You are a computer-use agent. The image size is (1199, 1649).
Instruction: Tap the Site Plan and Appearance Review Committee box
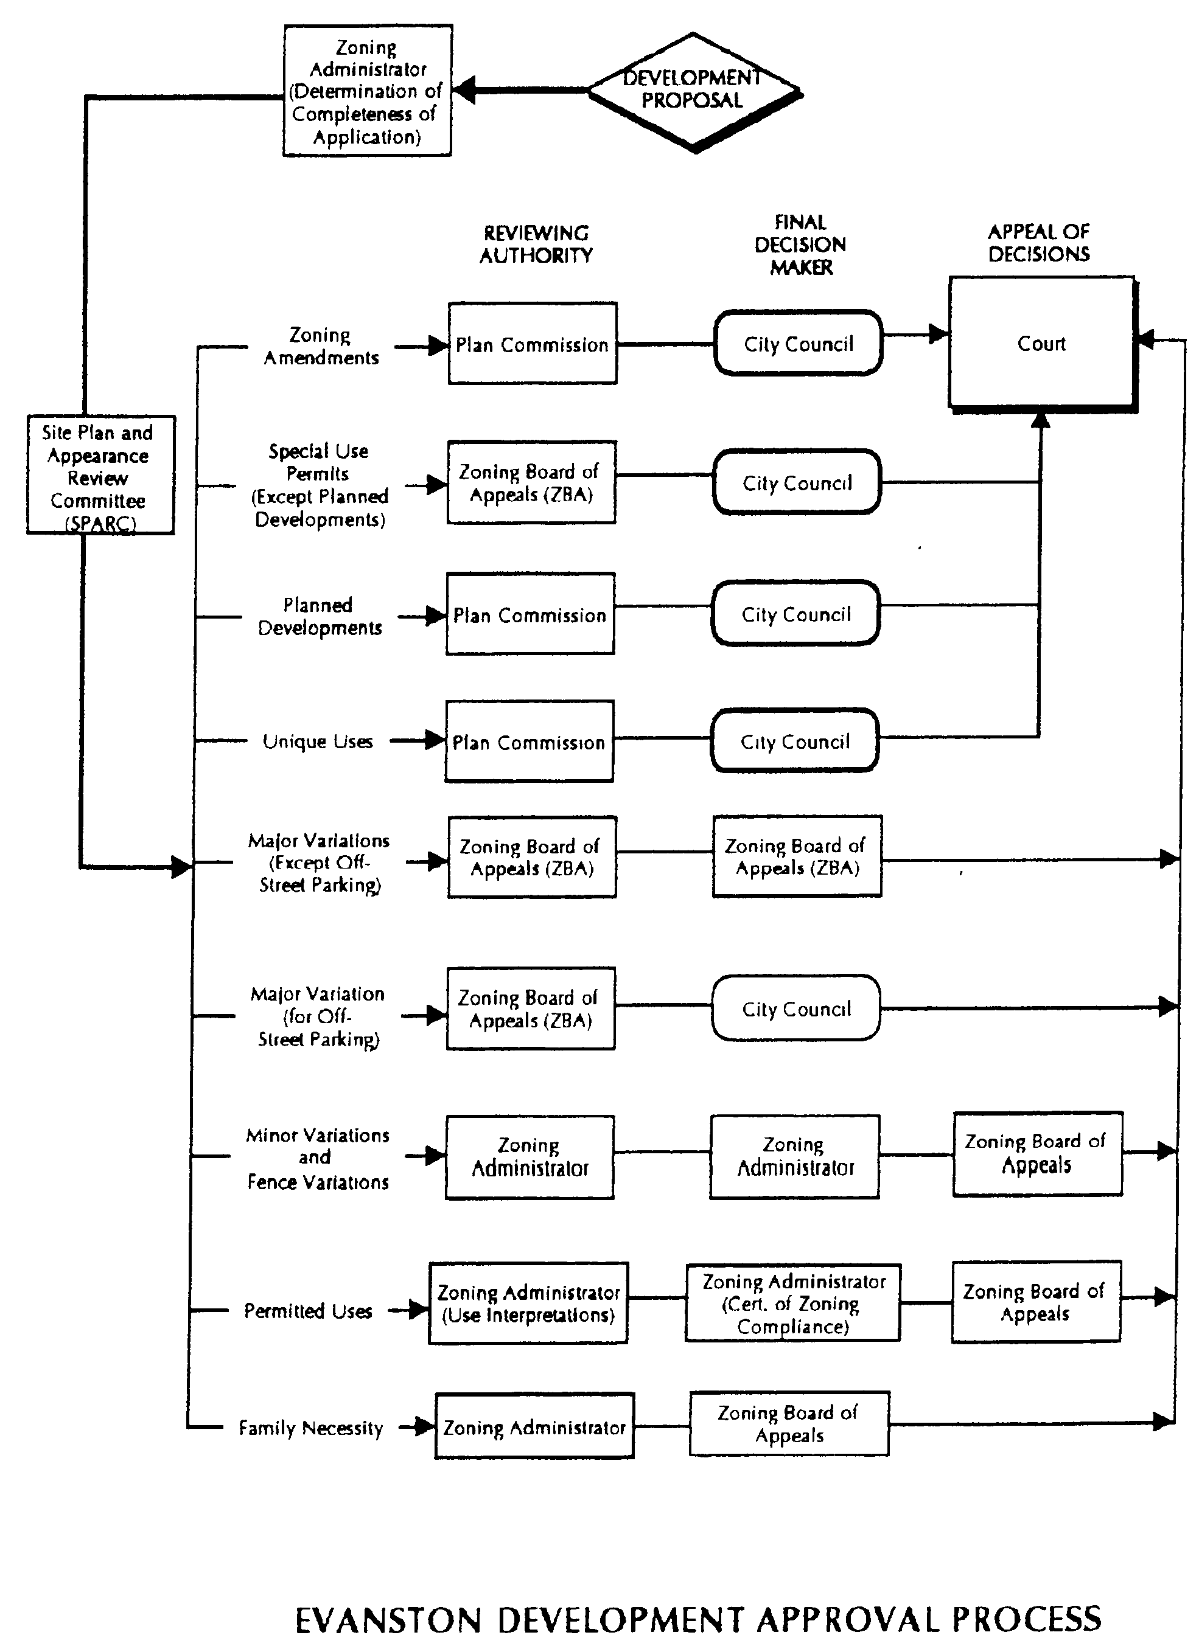[x=100, y=475]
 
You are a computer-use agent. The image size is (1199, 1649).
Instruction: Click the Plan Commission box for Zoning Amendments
[x=532, y=344]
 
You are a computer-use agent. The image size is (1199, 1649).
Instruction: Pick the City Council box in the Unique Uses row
[x=794, y=741]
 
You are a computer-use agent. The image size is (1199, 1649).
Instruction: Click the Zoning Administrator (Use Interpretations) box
[x=528, y=1304]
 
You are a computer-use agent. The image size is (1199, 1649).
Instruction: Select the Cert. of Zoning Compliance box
[x=793, y=1303]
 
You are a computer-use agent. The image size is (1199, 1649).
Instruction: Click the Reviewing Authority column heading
[x=536, y=245]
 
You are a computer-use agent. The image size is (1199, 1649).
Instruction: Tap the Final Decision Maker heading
[x=800, y=245]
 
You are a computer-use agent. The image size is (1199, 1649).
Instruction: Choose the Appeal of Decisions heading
[x=1039, y=243]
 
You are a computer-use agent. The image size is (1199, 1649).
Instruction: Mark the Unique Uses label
[x=317, y=741]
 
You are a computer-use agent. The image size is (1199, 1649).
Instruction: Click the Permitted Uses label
[x=308, y=1311]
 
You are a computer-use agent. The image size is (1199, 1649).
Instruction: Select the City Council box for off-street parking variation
[x=796, y=1008]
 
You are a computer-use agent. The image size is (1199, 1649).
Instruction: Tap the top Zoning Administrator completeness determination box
[x=368, y=91]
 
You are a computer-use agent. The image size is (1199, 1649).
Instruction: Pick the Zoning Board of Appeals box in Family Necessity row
[x=789, y=1423]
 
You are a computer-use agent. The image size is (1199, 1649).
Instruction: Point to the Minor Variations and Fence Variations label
[x=318, y=1158]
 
